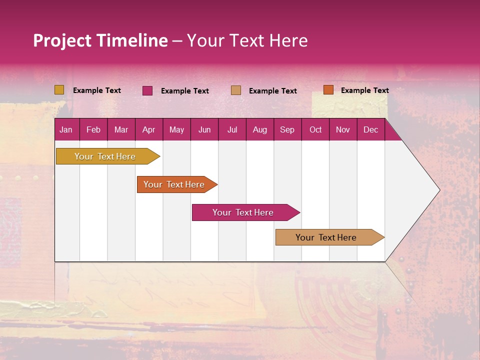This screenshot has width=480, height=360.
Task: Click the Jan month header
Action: (x=66, y=129)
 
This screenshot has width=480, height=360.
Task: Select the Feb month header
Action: (x=93, y=129)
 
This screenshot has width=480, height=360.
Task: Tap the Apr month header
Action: (x=148, y=129)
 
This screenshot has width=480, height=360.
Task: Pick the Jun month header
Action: (x=204, y=129)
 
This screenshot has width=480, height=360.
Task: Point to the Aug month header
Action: (x=259, y=129)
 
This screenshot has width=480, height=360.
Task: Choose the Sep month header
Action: (x=287, y=129)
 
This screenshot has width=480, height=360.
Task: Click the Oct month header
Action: (x=315, y=129)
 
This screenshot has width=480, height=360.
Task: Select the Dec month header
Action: (x=370, y=129)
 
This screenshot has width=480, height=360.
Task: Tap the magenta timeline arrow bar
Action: (x=243, y=212)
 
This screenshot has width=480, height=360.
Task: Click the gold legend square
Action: (x=59, y=90)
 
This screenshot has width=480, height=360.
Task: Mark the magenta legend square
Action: (x=147, y=90)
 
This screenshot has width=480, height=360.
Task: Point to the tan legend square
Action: (x=236, y=90)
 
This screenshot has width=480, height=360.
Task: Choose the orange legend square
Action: (x=328, y=90)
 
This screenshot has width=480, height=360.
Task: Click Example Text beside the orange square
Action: (x=364, y=90)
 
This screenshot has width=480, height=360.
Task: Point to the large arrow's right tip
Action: (x=438, y=190)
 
